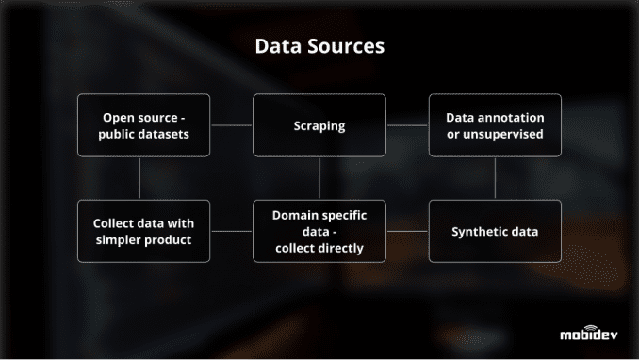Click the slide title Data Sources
(319, 46)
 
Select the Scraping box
(319, 125)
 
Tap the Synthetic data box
(495, 231)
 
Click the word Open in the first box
(122, 118)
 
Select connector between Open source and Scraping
(232, 125)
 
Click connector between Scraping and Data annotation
(407, 125)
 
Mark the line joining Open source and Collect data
(139, 178)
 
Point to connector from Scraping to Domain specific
(319, 178)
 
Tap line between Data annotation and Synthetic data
(495, 178)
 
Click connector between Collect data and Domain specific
(232, 231)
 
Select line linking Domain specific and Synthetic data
(407, 231)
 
